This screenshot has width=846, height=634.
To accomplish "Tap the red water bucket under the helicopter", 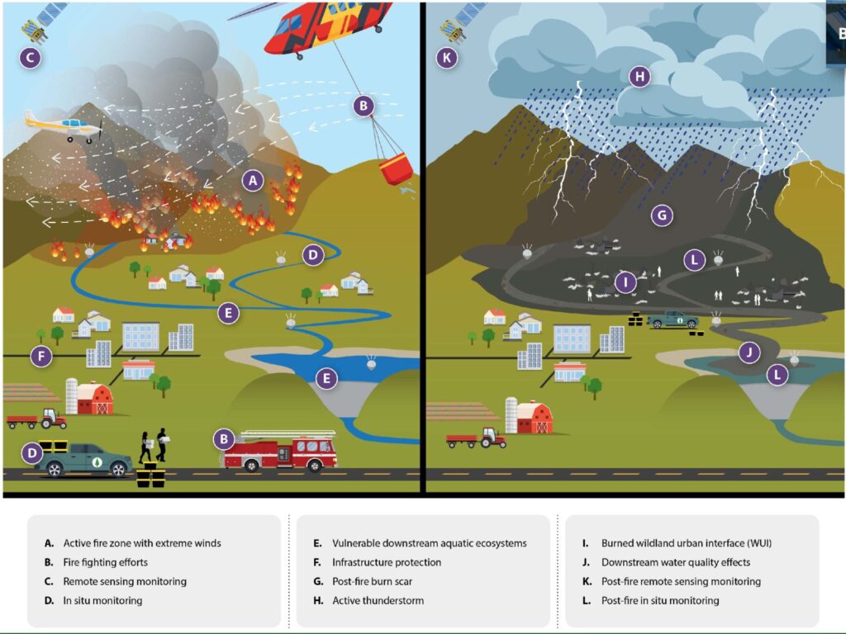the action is pyautogui.click(x=396, y=168).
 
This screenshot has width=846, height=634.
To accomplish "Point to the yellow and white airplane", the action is pyautogui.click(x=64, y=126).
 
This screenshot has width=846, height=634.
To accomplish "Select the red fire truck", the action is pyautogui.click(x=278, y=451).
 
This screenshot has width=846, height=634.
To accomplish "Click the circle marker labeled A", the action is pyautogui.click(x=253, y=181).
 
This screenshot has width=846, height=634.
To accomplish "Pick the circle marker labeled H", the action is pyautogui.click(x=640, y=77).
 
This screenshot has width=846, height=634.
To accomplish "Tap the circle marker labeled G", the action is pyautogui.click(x=662, y=215).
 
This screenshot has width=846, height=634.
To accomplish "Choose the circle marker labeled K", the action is pyautogui.click(x=447, y=58).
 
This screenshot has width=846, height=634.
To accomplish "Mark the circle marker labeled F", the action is pyautogui.click(x=41, y=356).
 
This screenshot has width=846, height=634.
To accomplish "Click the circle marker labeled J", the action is pyautogui.click(x=749, y=352).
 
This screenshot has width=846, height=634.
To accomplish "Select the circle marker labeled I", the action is pyautogui.click(x=625, y=282).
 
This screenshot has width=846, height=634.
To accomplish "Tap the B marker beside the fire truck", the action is pyautogui.click(x=224, y=439).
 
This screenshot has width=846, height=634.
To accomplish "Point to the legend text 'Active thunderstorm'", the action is pyautogui.click(x=378, y=601).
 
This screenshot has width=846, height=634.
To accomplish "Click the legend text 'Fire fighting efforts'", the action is pyautogui.click(x=105, y=562).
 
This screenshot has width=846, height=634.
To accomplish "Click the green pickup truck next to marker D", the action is pyautogui.click(x=86, y=459).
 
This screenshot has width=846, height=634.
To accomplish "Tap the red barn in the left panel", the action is pyautogui.click(x=95, y=399).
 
